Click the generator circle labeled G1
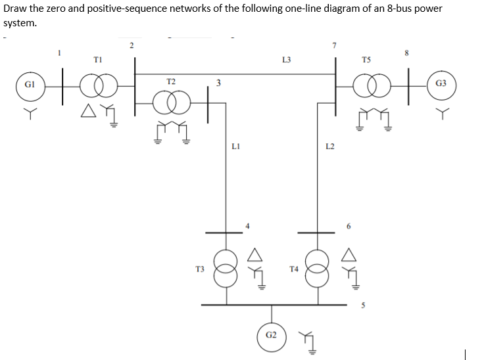[x=29, y=85]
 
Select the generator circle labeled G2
[x=270, y=335]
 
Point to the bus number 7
[x=335, y=45]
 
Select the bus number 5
[x=360, y=304]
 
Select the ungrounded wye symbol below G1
[x=29, y=114]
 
